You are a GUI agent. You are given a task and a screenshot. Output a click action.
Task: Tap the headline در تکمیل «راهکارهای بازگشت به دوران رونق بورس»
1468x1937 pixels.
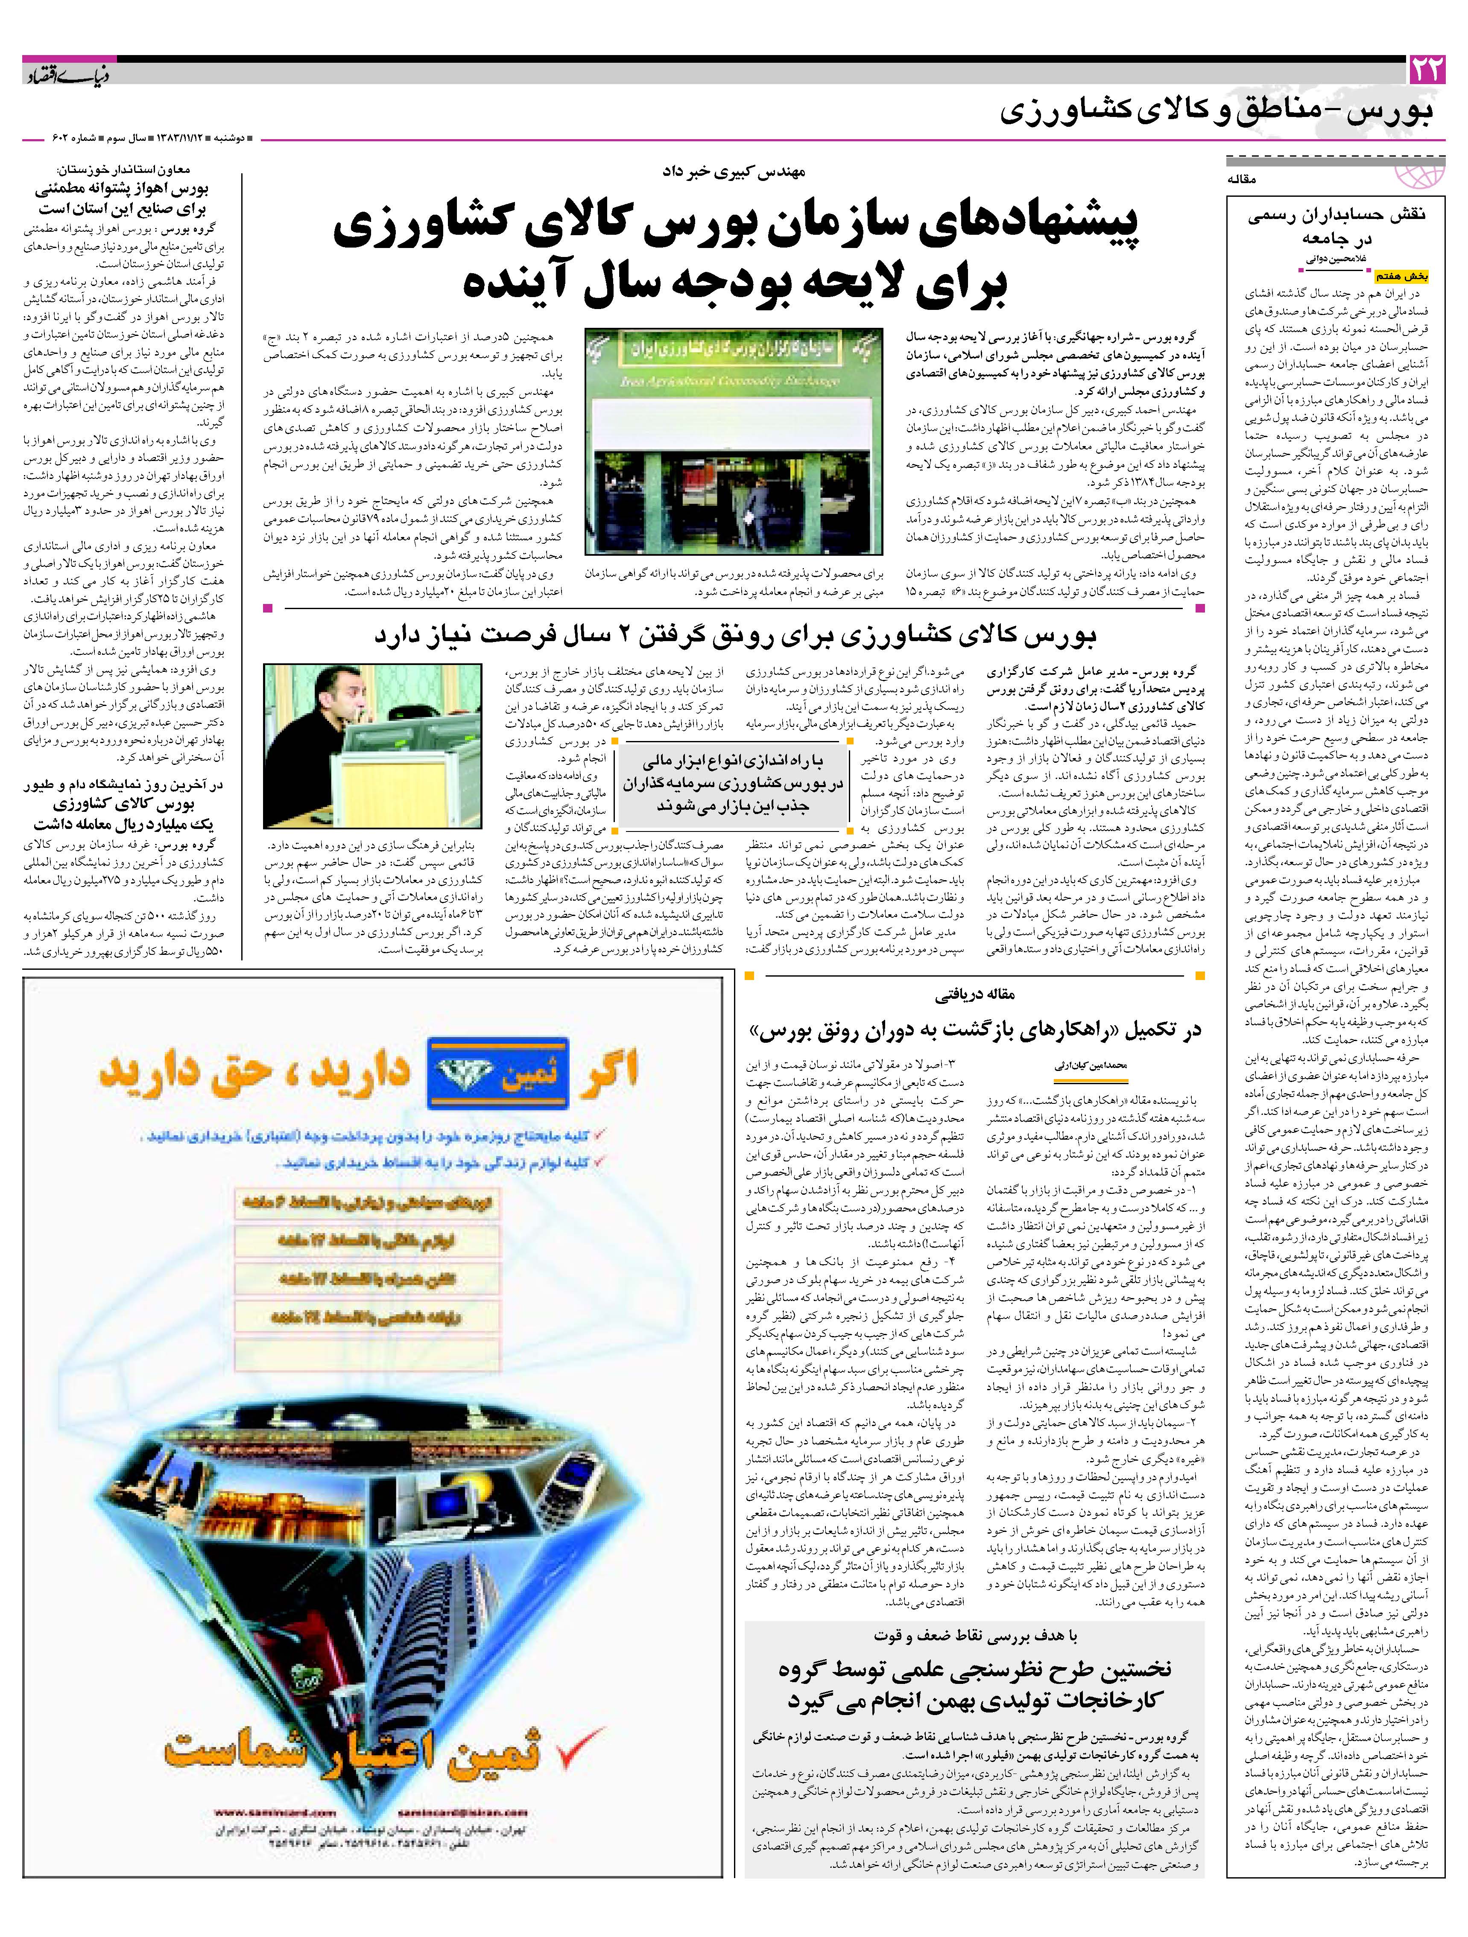tap(974, 1032)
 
